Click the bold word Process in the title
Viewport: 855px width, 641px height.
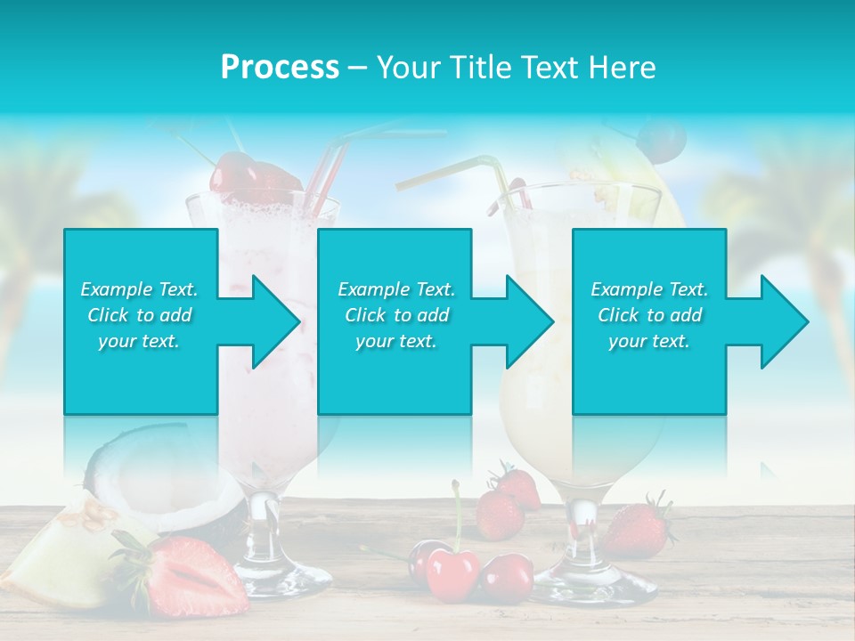pyautogui.click(x=280, y=68)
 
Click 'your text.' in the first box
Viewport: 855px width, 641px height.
pyautogui.click(x=139, y=341)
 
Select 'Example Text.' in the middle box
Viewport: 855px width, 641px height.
pyautogui.click(x=395, y=289)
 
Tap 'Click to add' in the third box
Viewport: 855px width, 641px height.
pyautogui.click(x=649, y=315)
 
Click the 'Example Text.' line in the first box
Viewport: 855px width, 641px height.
pyautogui.click(x=139, y=289)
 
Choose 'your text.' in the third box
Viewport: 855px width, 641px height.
pyautogui.click(x=649, y=341)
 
